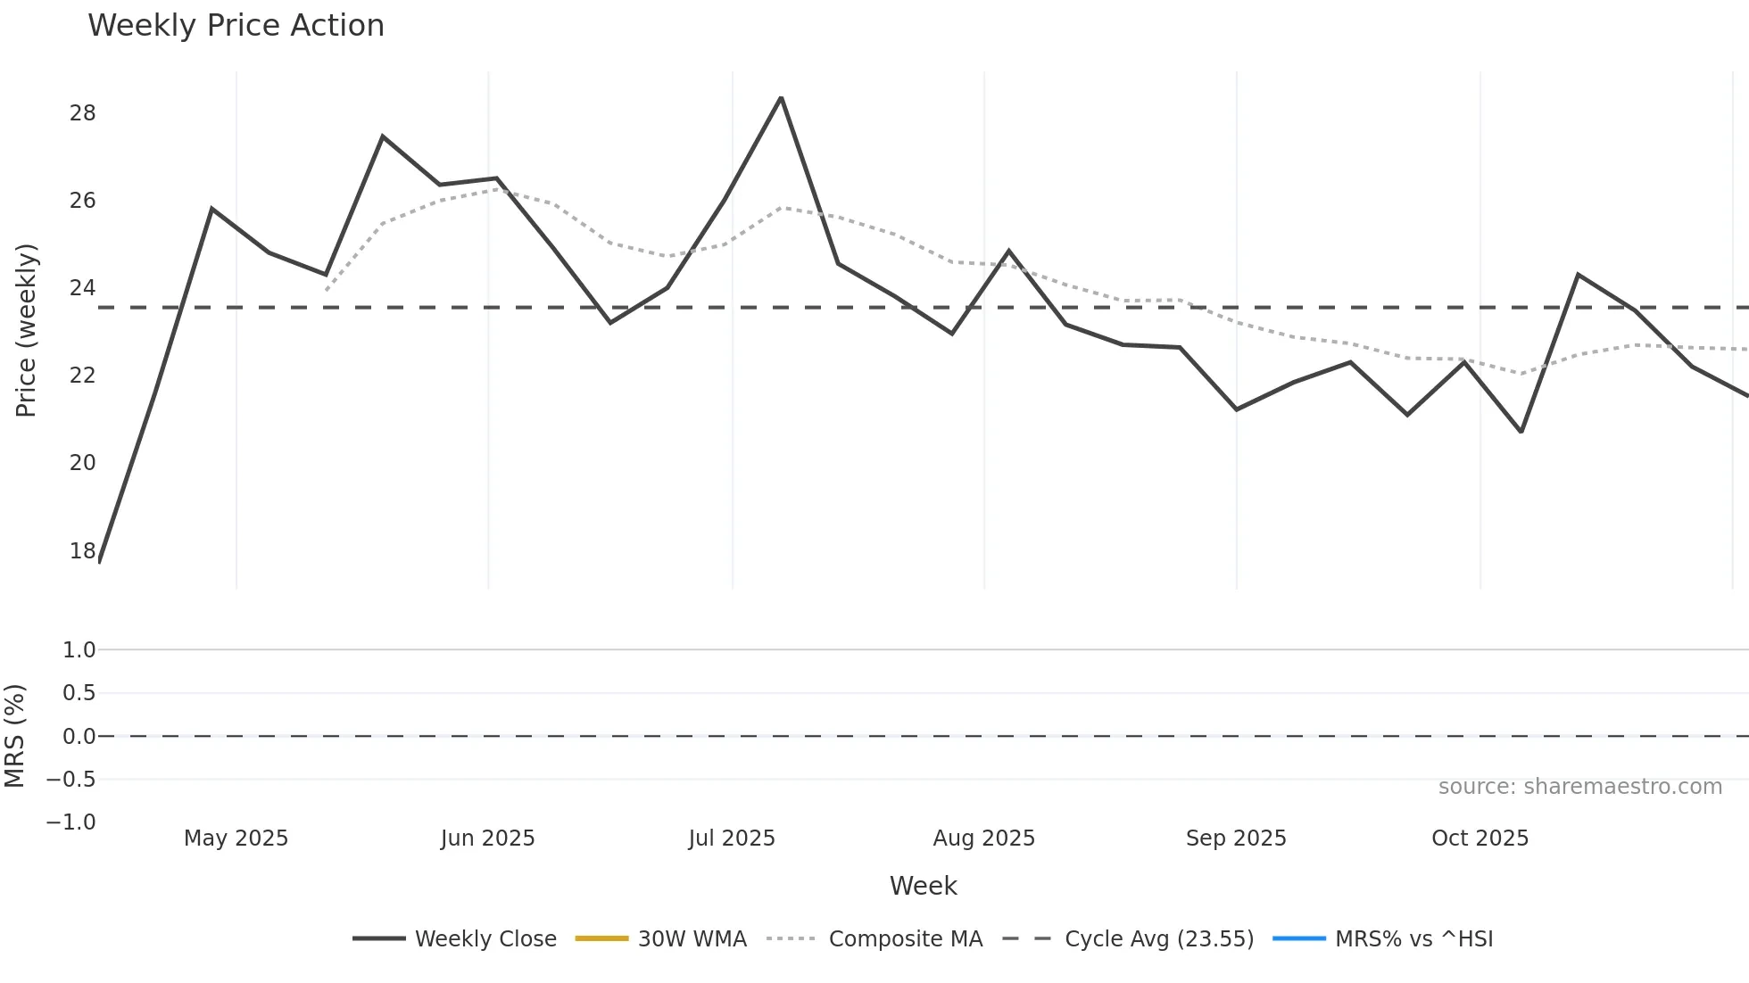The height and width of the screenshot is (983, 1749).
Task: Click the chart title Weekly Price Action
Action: tap(236, 26)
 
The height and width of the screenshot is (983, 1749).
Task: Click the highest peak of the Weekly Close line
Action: tap(781, 98)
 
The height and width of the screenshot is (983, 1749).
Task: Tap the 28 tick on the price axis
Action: tap(82, 113)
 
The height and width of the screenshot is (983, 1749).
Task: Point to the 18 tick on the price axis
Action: tap(82, 550)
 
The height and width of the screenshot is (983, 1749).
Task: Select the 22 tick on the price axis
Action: tap(82, 376)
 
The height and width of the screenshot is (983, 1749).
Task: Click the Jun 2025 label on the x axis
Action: tap(487, 838)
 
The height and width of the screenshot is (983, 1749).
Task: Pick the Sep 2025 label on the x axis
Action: tap(1236, 838)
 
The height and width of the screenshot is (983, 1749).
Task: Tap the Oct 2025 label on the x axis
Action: tap(1480, 838)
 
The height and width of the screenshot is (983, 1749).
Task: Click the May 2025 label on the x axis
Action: tap(236, 838)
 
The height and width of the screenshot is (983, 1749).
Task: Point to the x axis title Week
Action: tap(923, 886)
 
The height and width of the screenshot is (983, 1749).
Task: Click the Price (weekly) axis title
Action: tap(26, 330)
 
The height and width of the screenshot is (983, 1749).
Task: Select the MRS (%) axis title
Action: tap(14, 736)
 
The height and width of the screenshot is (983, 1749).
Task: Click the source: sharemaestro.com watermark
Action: tap(1579, 787)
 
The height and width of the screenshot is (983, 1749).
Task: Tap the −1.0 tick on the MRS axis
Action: tap(70, 822)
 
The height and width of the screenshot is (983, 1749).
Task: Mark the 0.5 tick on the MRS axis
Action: tap(79, 693)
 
